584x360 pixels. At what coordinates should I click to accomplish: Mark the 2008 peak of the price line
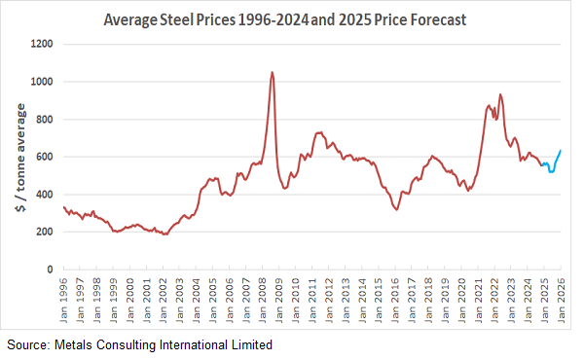[x=272, y=72]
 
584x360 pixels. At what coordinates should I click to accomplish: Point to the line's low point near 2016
[x=396, y=209]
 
